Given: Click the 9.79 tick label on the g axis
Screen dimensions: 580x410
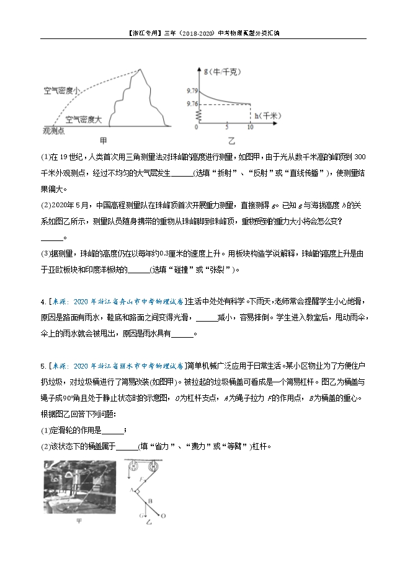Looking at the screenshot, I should [190, 91].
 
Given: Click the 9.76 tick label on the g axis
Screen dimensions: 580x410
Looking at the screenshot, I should [190, 103].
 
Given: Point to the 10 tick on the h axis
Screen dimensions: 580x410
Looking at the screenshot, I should [250, 127].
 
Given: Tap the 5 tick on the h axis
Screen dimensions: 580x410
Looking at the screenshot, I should [227, 127].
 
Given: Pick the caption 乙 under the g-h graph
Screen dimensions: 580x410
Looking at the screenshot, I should [231, 141].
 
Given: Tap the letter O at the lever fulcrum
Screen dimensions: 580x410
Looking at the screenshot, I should [163, 515].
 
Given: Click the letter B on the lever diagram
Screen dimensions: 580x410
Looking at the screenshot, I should [151, 501].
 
